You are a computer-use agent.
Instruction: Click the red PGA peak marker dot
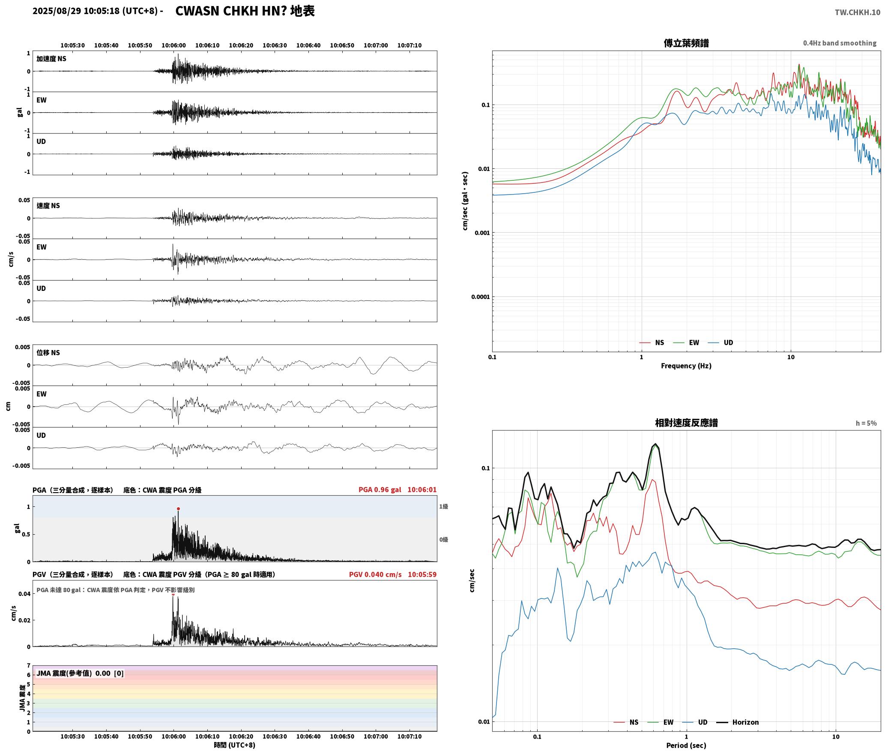tap(178, 509)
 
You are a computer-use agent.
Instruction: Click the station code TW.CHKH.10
tap(857, 12)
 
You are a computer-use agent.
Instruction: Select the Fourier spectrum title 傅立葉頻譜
tap(686, 43)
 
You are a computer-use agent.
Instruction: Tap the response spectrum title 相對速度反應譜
tap(686, 423)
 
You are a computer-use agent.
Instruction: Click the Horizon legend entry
tap(738, 722)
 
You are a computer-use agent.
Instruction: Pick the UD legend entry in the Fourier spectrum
tap(720, 343)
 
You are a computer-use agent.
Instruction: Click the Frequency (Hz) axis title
tap(686, 366)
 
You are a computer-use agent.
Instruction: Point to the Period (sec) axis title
tap(686, 745)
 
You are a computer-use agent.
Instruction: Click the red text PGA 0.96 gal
tap(380, 490)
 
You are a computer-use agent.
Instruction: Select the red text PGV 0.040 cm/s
tap(375, 574)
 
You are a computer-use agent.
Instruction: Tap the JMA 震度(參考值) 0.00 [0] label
tap(80, 673)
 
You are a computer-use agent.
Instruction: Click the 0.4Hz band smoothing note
tap(840, 43)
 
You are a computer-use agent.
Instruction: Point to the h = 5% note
tap(866, 423)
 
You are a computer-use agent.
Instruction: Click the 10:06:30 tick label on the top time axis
tap(275, 45)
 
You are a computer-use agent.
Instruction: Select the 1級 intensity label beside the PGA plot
tap(443, 506)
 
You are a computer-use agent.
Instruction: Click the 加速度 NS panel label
tap(51, 59)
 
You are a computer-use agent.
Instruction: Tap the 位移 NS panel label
tap(48, 353)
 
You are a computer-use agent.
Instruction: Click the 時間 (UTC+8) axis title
tap(234, 745)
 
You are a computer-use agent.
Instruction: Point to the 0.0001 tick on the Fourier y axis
tap(480, 297)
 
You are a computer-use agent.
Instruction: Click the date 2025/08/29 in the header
tap(57, 11)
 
